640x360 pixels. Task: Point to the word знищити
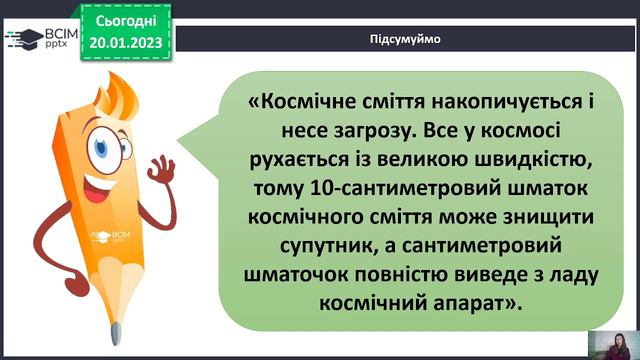[x=540, y=215]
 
